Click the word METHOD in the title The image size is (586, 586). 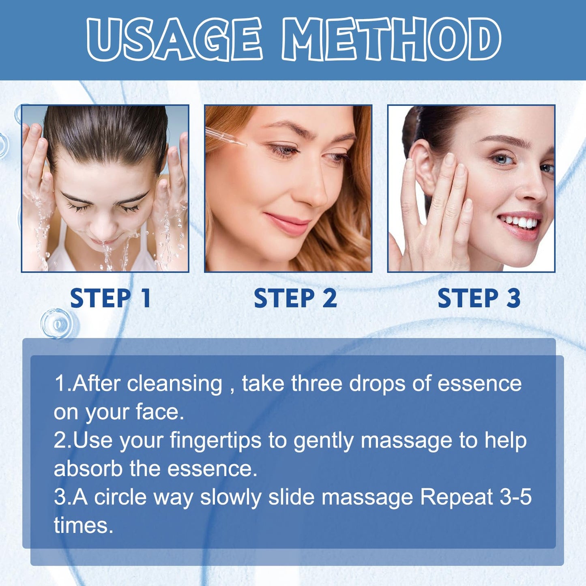(x=391, y=39)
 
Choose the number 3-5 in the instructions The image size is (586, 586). (x=516, y=498)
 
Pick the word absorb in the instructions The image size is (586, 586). (x=88, y=469)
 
